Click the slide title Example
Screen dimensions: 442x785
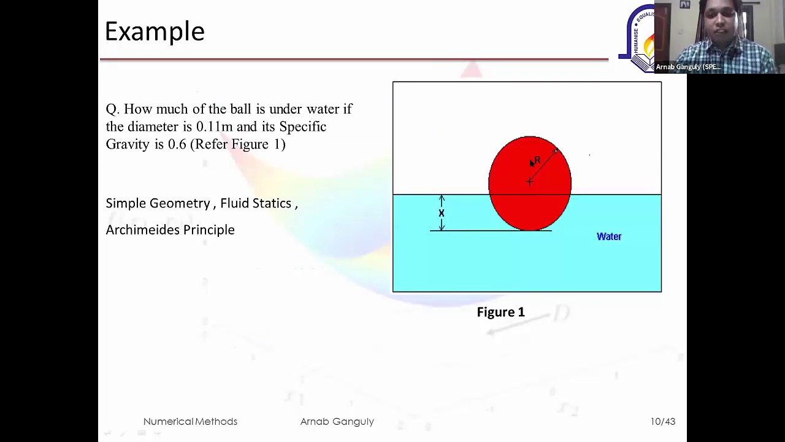[155, 31]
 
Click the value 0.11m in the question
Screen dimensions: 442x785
[214, 126]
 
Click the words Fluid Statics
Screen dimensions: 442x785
[256, 203]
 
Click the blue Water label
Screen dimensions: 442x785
[609, 236]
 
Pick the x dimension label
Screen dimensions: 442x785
[442, 213]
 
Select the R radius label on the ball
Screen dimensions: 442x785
[537, 160]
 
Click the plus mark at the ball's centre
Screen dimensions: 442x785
[529, 182]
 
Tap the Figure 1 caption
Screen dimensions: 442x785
[500, 312]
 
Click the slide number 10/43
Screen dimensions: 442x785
[663, 421]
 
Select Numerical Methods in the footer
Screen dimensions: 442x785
[190, 421]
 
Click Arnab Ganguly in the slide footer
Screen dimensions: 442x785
[337, 421]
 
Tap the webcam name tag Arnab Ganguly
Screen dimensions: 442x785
[688, 67]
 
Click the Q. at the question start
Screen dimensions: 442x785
[112, 109]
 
